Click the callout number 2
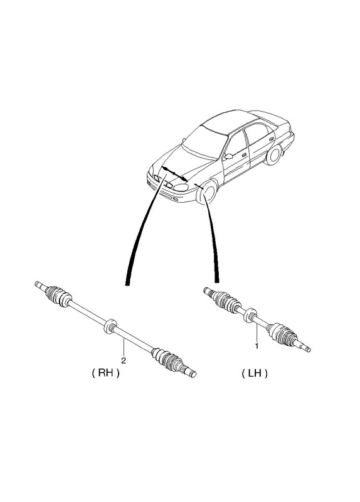[x=124, y=360]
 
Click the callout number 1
[x=257, y=346]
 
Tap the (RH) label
[x=105, y=373]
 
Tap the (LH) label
[x=255, y=373]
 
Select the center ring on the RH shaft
[x=110, y=326]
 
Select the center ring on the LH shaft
[x=250, y=316]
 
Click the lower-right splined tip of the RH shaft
[x=190, y=372]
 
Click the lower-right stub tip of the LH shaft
[x=305, y=347]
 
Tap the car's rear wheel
[x=272, y=154]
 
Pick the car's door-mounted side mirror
[x=228, y=156]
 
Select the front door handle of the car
[x=244, y=155]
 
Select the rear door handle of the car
[x=272, y=139]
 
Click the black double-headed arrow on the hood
[x=175, y=174]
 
